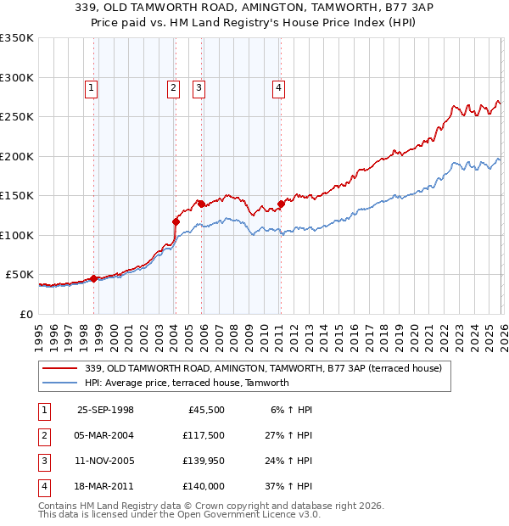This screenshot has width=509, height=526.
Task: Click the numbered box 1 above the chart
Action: coord(90,87)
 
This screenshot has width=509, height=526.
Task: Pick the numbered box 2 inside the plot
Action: coord(172,87)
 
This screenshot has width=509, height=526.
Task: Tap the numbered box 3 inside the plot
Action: coord(199,87)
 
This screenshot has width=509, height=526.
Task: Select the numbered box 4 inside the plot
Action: coord(278,87)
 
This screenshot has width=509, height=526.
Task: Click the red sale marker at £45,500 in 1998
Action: coord(94,278)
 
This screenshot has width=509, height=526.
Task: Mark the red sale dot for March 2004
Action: coord(176,221)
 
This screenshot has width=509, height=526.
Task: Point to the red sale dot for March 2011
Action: coord(281,204)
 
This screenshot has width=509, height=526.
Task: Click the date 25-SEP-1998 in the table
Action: coord(105,410)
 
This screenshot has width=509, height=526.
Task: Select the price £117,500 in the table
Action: coord(203,435)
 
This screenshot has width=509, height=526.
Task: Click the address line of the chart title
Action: coord(255,8)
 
